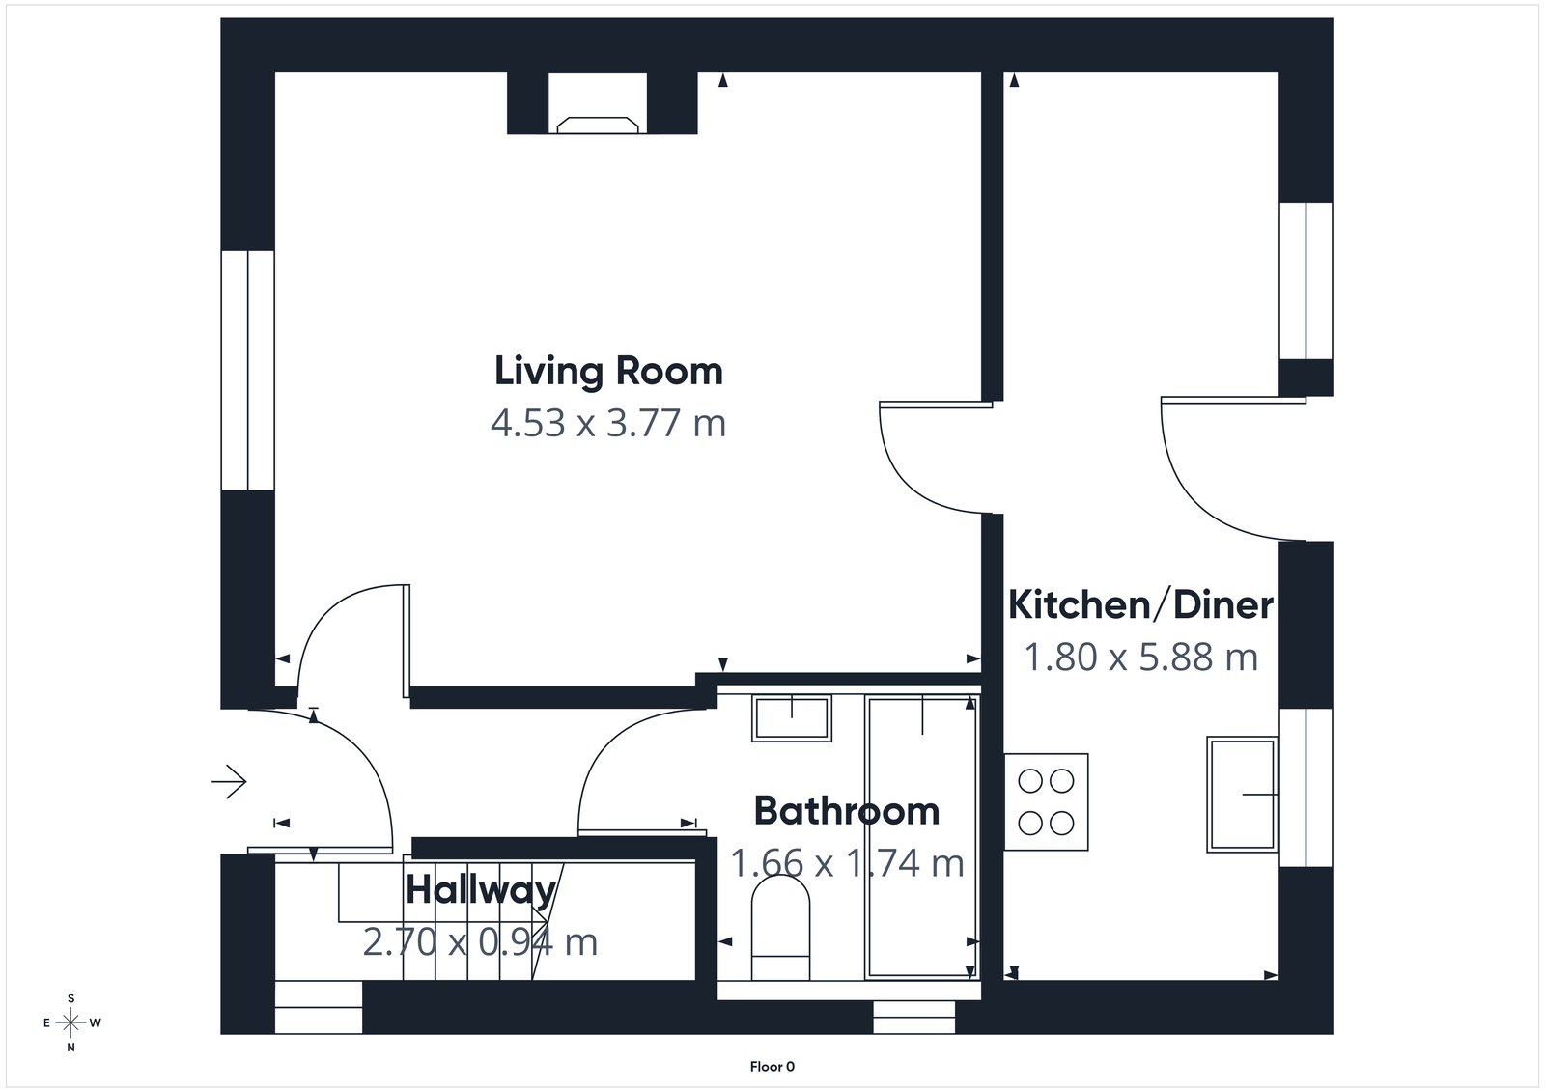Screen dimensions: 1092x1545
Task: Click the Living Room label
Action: click(608, 372)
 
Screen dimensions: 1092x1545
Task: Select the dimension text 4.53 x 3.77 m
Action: click(608, 424)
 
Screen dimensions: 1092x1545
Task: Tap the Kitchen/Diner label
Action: click(1140, 605)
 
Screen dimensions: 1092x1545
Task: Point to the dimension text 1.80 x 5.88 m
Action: click(1140, 658)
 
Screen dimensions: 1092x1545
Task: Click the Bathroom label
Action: click(846, 811)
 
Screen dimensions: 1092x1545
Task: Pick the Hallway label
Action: click(480, 890)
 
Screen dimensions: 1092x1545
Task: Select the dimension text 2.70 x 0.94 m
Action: click(480, 941)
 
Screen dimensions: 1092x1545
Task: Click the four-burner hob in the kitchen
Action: click(1047, 801)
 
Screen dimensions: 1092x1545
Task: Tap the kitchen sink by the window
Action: click(1242, 794)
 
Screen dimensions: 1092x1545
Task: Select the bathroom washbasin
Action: click(792, 718)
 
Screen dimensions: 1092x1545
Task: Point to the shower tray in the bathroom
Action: click(922, 835)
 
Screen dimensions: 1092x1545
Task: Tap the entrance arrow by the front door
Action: click(230, 781)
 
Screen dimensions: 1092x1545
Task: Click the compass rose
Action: click(71, 1022)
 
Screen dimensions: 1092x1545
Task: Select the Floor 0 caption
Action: click(772, 1067)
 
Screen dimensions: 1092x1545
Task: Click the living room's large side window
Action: click(247, 371)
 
